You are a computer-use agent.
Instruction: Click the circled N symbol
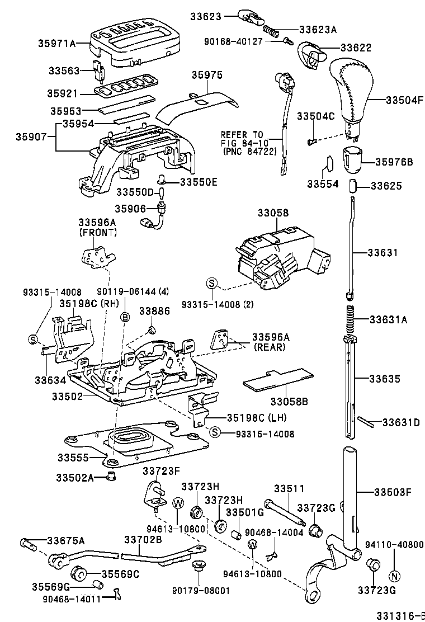pos(394,577)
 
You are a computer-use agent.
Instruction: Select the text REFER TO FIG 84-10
pos(242,143)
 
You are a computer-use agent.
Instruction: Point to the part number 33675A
pos(66,540)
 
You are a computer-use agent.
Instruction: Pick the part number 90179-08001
pos(197,590)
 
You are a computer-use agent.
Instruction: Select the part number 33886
pos(150,311)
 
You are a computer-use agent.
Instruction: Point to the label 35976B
pos(394,162)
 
